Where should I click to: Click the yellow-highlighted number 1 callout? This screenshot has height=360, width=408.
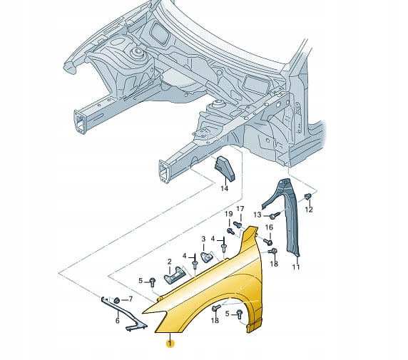[170, 344]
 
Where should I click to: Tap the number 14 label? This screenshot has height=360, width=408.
[224, 188]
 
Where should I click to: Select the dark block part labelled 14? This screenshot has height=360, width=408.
[224, 168]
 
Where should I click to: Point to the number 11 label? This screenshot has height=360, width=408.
[296, 267]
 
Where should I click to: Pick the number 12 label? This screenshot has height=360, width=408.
[309, 210]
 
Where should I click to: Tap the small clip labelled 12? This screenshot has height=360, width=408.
[308, 196]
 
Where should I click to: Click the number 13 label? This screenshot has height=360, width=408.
[257, 215]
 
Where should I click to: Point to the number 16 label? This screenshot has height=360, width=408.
[269, 227]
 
